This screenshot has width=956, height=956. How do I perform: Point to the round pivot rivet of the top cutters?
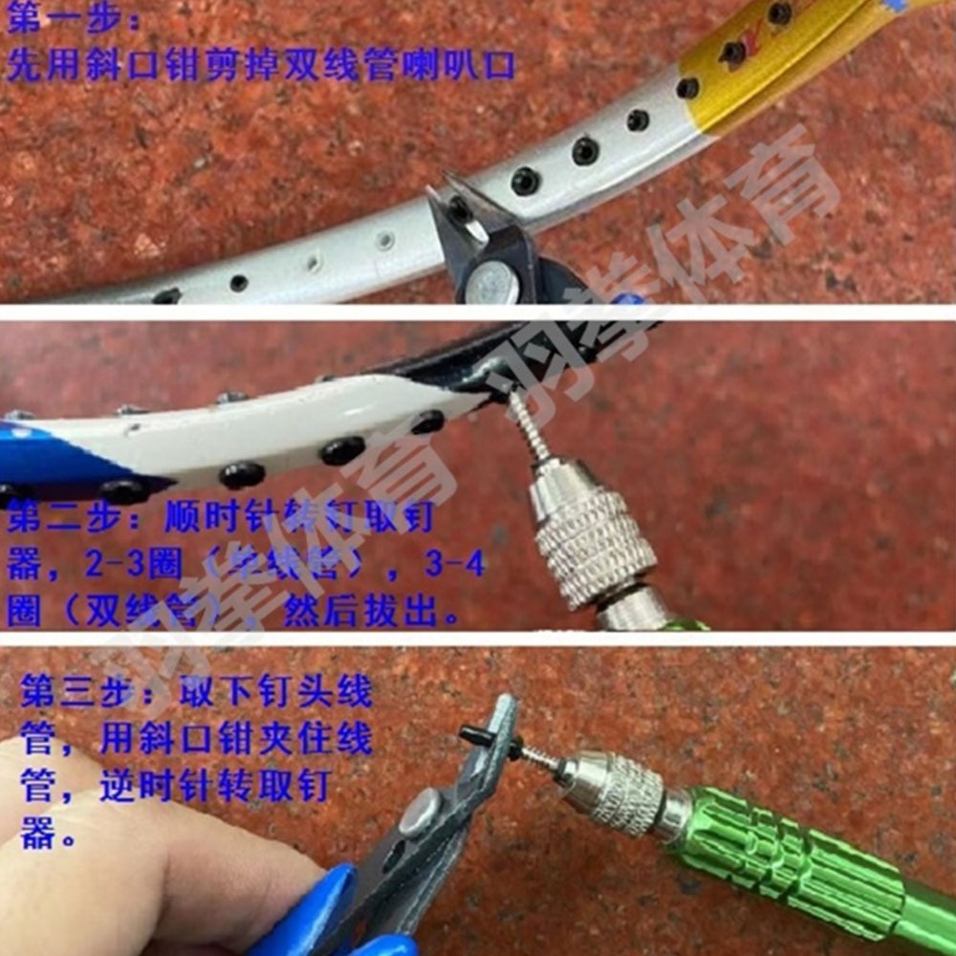point(493,283)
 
